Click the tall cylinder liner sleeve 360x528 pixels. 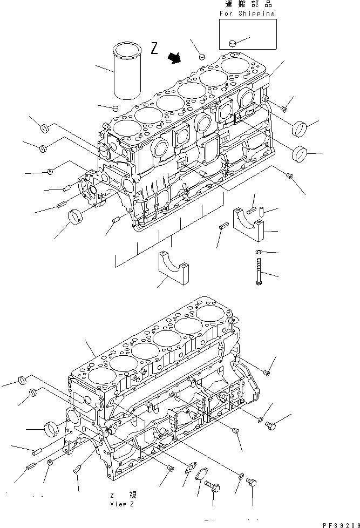point(126,73)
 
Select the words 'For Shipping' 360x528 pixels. point(247,13)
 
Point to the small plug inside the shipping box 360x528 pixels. point(232,42)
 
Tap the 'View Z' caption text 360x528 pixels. point(122,504)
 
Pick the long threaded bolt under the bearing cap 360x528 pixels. point(259,272)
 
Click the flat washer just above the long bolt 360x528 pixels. point(259,252)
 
